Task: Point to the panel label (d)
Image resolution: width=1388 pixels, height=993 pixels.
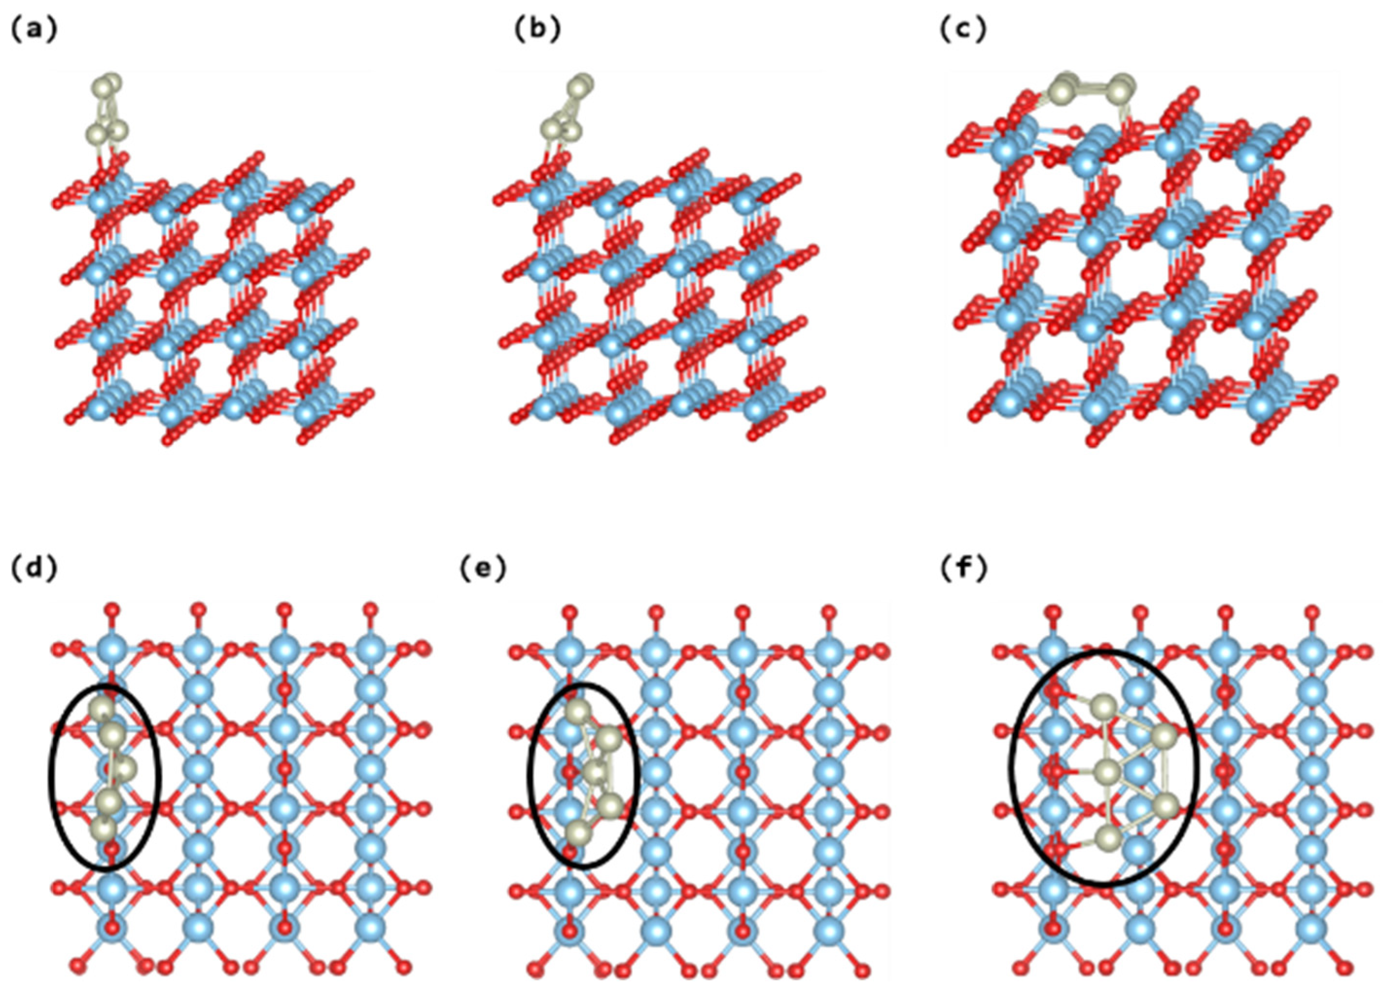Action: (34, 569)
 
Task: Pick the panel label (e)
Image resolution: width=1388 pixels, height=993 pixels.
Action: (483, 569)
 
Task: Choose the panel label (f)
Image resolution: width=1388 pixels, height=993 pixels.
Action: (963, 569)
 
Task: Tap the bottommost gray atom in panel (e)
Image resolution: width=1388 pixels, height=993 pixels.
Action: (578, 833)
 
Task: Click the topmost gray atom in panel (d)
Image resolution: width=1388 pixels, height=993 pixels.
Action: (102, 709)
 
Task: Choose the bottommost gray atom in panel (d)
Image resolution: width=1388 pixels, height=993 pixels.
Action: (105, 830)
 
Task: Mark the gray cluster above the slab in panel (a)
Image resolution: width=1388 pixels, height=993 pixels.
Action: (107, 110)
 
